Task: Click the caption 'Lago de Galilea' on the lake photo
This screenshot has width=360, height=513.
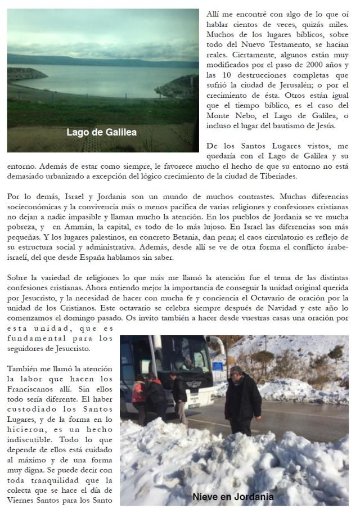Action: [x=101, y=133]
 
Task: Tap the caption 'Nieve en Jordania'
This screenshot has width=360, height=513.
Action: [x=233, y=497]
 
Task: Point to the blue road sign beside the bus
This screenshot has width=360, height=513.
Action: [x=218, y=366]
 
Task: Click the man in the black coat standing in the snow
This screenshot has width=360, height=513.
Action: [x=242, y=399]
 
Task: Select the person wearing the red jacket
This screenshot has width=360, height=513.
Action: [x=138, y=392]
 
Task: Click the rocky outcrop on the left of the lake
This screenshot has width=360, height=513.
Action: [x=25, y=74]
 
